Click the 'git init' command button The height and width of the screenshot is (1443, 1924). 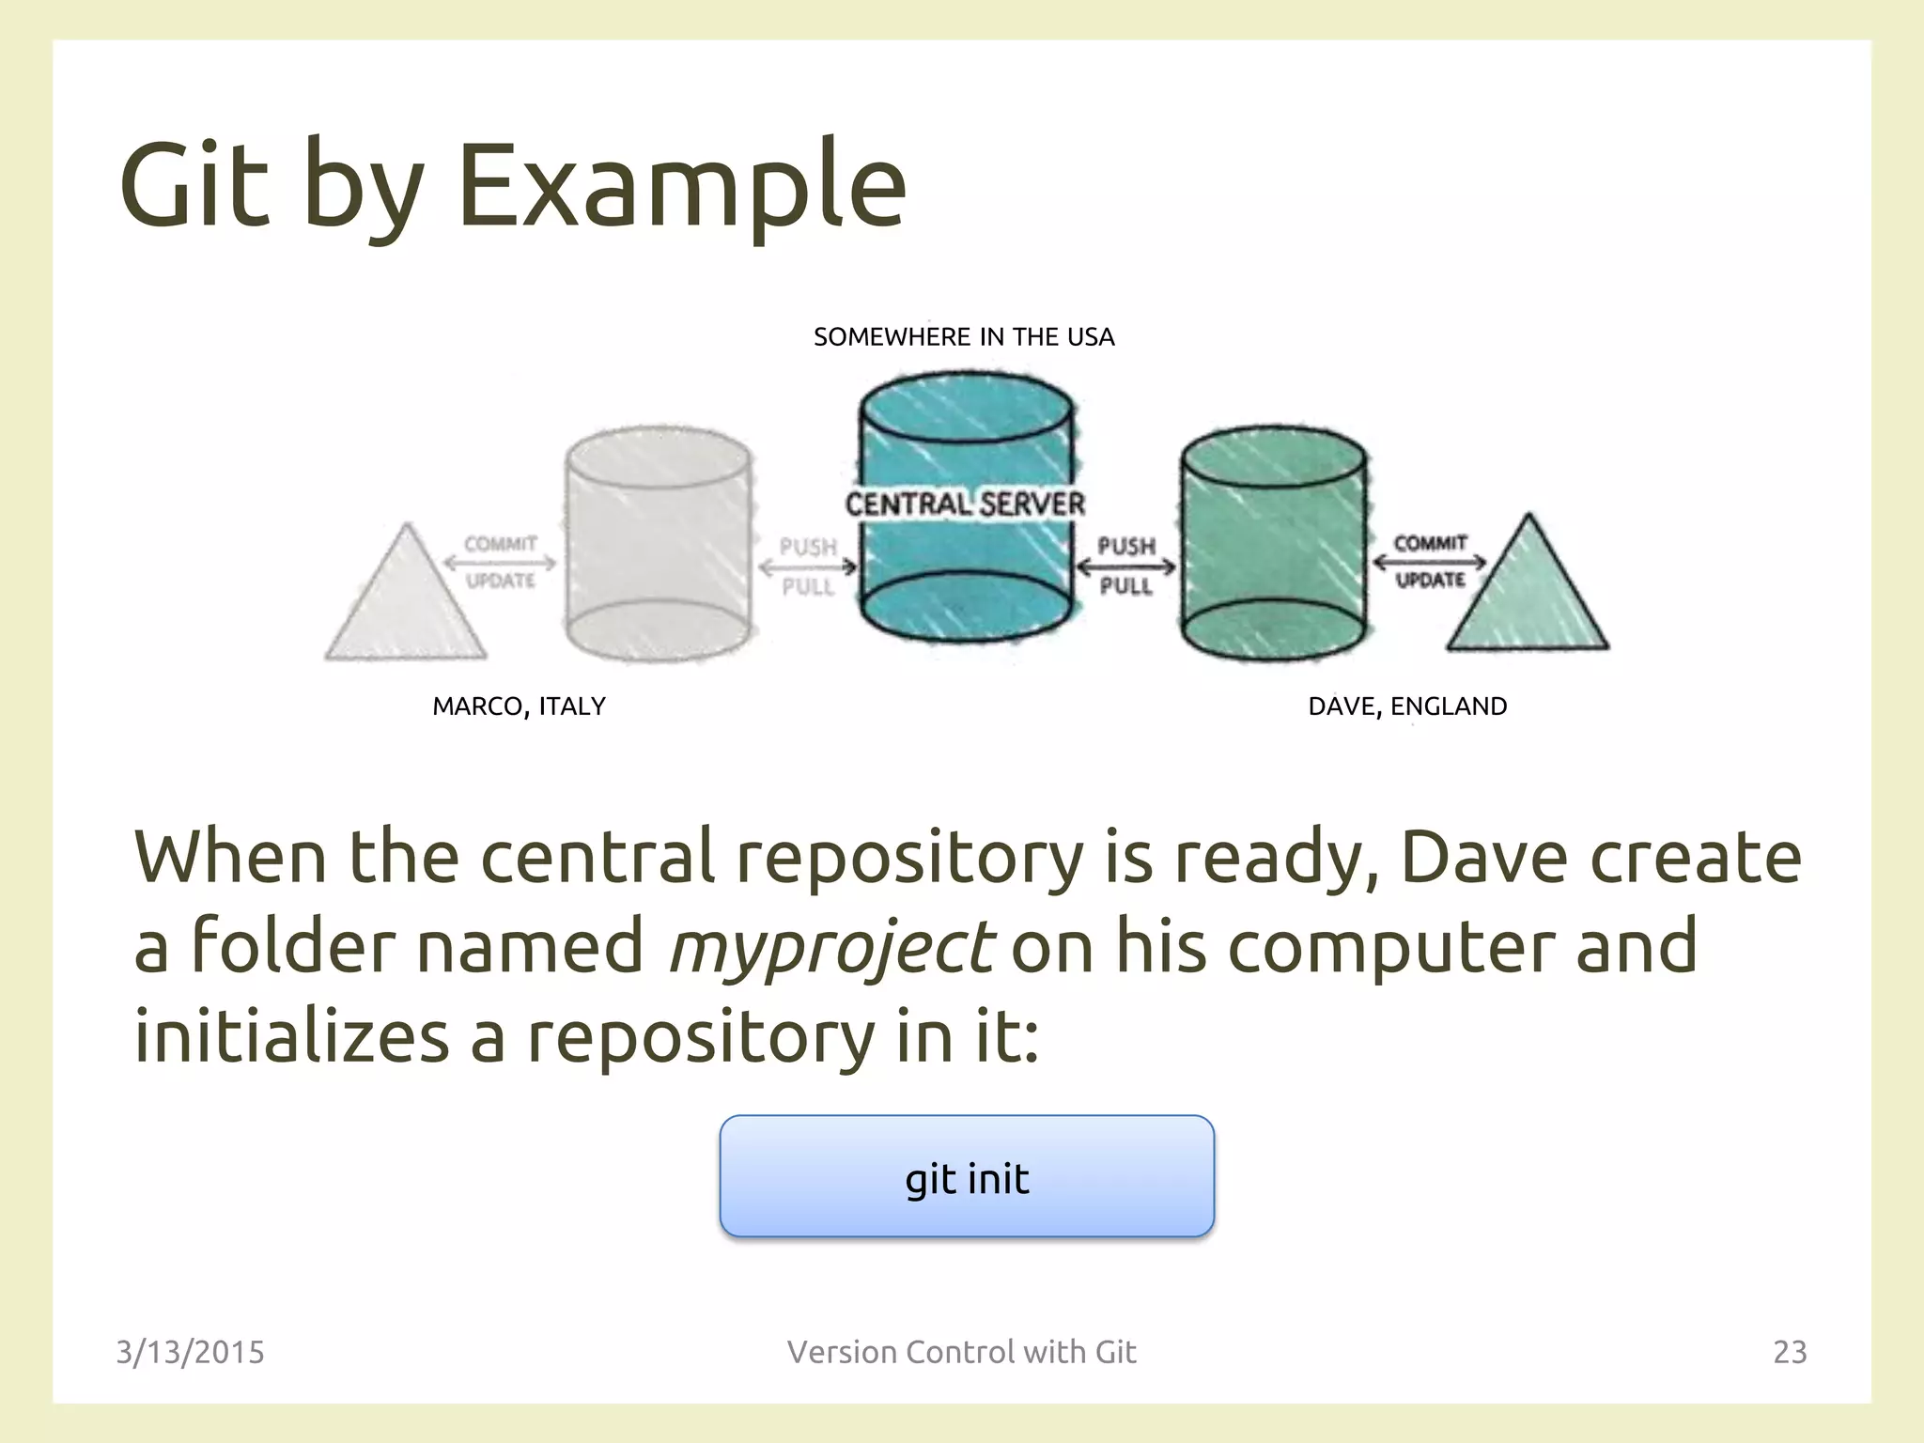pyautogui.click(x=967, y=1176)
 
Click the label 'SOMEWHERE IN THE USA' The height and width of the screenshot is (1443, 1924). pyautogui.click(x=964, y=337)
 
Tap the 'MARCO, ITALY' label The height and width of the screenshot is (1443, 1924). pyautogui.click(x=519, y=706)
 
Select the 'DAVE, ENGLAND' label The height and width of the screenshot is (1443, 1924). pyautogui.click(x=1407, y=706)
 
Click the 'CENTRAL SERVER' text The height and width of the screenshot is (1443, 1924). pyautogui.click(x=965, y=504)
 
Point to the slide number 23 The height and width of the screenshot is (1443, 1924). pyautogui.click(x=1790, y=1352)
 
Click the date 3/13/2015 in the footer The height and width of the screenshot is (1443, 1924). pyautogui.click(x=190, y=1352)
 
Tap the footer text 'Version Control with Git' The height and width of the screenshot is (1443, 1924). pyautogui.click(x=962, y=1352)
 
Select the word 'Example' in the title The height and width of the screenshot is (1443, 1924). pyautogui.click(x=681, y=185)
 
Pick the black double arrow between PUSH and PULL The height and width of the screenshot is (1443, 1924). pyautogui.click(x=1125, y=566)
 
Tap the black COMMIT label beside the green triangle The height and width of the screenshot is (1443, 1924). pyautogui.click(x=1430, y=543)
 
